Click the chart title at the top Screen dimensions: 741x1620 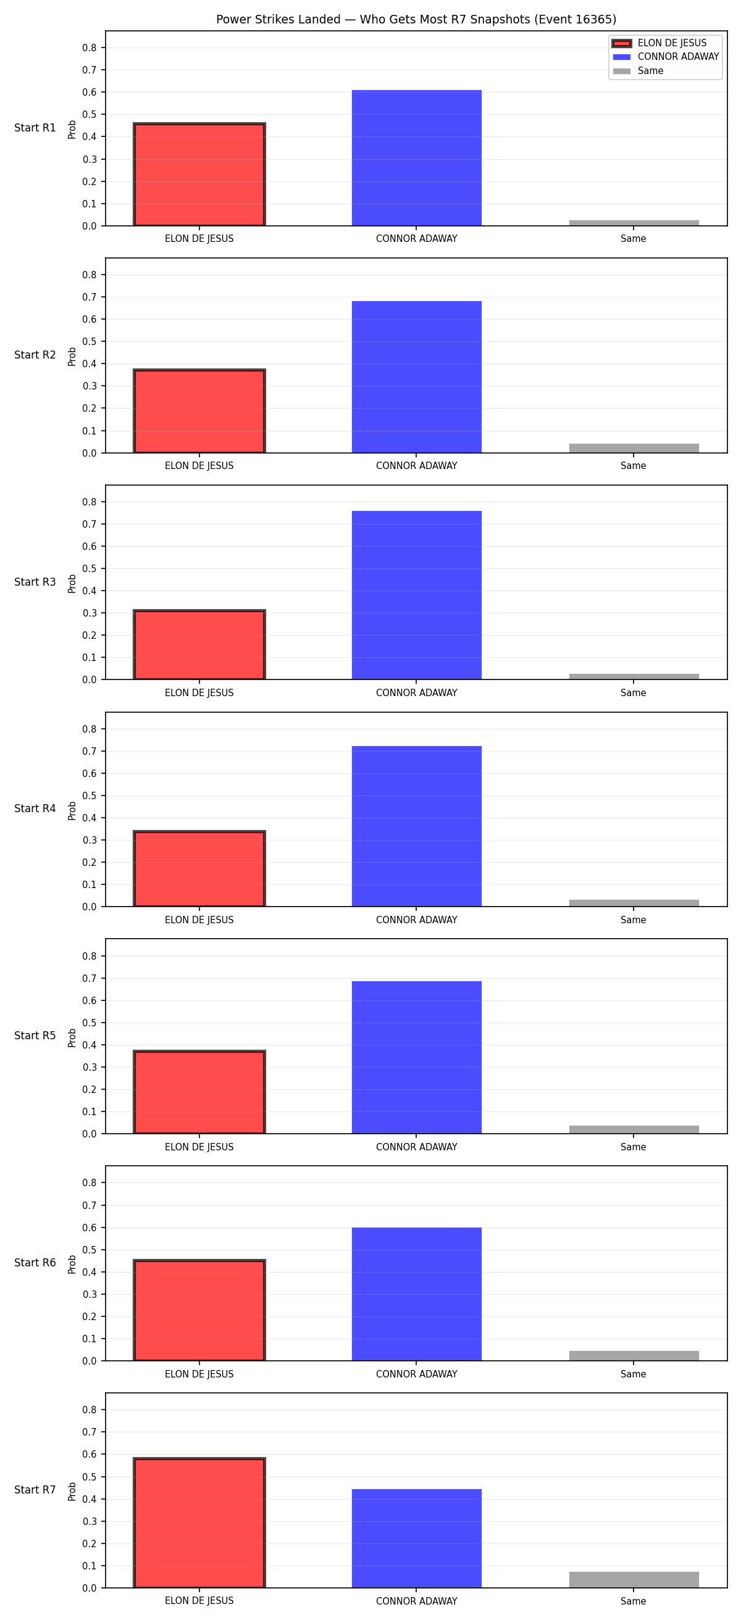pos(416,20)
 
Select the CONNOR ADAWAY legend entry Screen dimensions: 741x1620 pos(666,57)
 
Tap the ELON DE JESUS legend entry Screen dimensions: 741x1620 pos(659,43)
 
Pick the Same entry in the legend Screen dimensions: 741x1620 pos(638,71)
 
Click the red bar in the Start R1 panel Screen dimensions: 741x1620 pos(199,174)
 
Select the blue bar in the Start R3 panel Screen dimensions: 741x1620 pos(416,595)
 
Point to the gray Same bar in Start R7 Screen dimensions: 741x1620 pos(634,1579)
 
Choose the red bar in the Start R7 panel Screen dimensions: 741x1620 pos(199,1522)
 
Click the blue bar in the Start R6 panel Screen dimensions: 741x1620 pos(416,1294)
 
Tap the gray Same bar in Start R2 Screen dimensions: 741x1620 pos(634,449)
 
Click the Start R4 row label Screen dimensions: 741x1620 pos(35,808)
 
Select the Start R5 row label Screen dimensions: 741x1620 pos(35,1036)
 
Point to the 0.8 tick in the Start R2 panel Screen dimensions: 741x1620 pos(90,275)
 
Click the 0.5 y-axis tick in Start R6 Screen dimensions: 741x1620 pos(90,1250)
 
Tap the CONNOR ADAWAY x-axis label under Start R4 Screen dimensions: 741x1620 pos(416,920)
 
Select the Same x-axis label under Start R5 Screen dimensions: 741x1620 pos(634,1147)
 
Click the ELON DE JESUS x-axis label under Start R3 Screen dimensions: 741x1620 pos(199,693)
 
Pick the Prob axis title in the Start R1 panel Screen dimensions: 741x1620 pos(72,129)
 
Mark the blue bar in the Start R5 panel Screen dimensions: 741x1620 pos(416,1057)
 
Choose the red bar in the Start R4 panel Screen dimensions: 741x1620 pos(199,868)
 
